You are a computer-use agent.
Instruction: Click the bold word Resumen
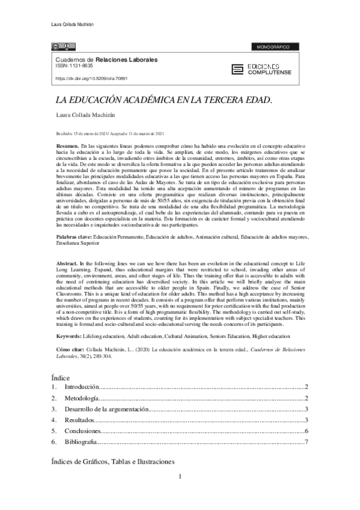coord(66,147)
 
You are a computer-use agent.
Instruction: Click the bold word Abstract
coord(66,264)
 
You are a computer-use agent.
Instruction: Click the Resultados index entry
coord(79,420)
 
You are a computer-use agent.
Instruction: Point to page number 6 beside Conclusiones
coord(307,431)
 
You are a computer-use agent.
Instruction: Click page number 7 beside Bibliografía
coord(307,443)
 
